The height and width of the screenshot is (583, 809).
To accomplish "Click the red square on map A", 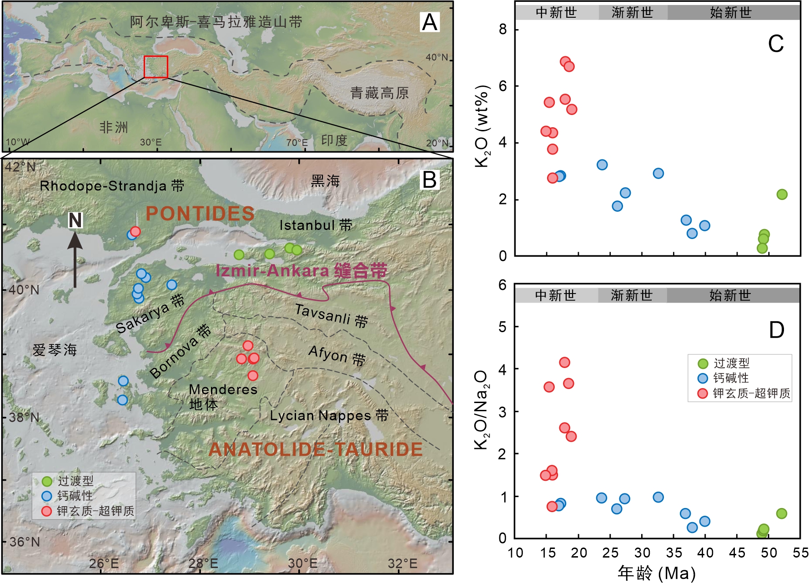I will (156, 67).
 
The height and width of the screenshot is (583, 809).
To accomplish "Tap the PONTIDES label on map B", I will (200, 214).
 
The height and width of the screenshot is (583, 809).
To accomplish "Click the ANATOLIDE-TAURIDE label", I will (315, 449).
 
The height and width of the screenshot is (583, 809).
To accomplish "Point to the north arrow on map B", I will (75, 257).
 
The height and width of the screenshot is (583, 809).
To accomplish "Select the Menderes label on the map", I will (223, 390).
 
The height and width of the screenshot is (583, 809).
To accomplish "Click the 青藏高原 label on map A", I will (379, 93).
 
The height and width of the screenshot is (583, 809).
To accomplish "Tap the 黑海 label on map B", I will (325, 181).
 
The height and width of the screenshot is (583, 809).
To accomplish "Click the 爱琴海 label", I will (55, 350).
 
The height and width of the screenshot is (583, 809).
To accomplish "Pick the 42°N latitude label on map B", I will (20, 167).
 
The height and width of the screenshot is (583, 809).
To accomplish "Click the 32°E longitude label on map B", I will (402, 563).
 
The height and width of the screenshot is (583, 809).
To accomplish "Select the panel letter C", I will (776, 44).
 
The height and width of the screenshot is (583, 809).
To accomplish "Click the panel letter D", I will (777, 330).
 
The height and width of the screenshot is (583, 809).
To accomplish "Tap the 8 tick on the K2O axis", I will (502, 30).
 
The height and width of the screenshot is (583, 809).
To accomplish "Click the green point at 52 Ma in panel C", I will (782, 194).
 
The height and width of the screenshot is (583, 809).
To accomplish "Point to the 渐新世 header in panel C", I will (632, 12).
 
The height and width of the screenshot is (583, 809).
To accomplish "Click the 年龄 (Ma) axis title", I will (657, 573).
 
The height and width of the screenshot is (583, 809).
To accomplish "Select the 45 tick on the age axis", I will (737, 553).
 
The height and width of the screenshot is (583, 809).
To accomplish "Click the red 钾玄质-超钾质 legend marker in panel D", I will (703, 394).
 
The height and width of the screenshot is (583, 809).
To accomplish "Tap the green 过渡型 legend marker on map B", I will (47, 481).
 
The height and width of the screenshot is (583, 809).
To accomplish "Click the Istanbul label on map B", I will (316, 225).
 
